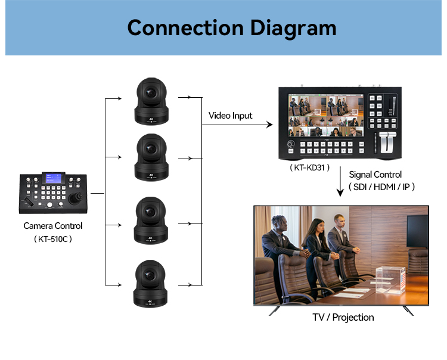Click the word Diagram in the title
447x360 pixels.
[293, 29]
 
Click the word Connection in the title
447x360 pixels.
[185, 27]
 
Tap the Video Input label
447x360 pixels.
[230, 116]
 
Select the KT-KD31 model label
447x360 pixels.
[309, 167]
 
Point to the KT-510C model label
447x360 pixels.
[53, 239]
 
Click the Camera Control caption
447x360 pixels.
[53, 226]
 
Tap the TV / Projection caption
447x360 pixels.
[343, 317]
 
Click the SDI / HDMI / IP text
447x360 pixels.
[381, 187]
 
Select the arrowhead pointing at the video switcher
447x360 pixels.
[269, 125]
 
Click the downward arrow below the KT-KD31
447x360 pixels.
[340, 182]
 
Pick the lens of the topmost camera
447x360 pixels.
[150, 93]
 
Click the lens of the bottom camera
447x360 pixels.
[150, 275]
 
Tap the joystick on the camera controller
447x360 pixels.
[76, 197]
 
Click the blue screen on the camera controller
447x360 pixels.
[54, 178]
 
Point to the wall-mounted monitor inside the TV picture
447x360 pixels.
[417, 231]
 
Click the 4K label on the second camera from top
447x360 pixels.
[151, 175]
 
